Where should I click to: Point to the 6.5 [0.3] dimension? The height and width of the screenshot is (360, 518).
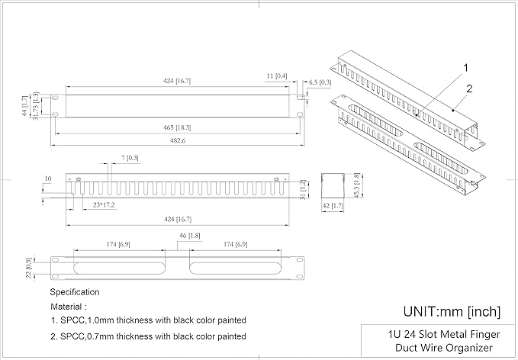320,82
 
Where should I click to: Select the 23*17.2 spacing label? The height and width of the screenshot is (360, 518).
104,205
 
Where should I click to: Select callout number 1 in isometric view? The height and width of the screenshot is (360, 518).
465,68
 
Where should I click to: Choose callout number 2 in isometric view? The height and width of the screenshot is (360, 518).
470,88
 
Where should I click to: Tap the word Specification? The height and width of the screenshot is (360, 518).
75,292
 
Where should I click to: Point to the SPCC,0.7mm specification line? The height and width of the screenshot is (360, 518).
148,336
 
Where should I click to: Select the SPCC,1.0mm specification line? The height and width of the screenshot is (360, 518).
148,320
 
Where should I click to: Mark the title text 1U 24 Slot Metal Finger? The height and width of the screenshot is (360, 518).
439,333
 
